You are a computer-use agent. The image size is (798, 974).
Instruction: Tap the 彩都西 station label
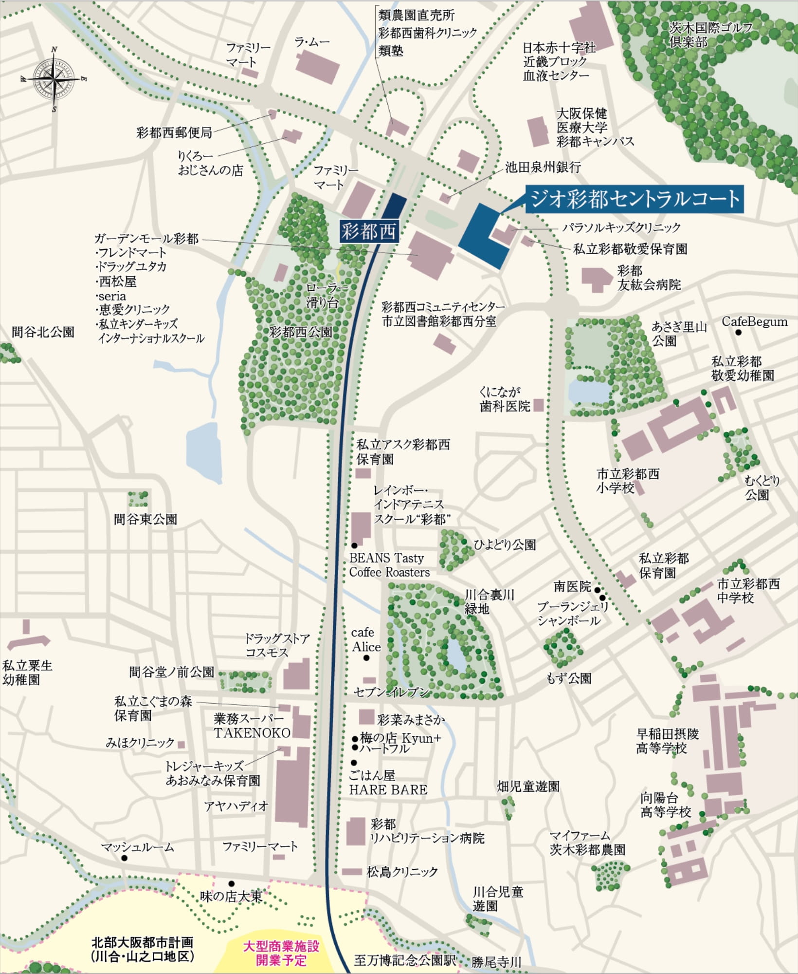tap(369, 231)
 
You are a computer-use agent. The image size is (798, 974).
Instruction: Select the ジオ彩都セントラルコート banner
tap(635, 199)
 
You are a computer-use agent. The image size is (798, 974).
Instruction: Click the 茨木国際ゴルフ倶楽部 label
tap(710, 34)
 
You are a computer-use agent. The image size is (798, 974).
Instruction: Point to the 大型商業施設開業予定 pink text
tap(281, 953)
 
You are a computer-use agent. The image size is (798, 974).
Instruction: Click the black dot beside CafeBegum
tap(738, 333)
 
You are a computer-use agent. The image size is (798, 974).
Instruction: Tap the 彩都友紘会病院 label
tap(649, 278)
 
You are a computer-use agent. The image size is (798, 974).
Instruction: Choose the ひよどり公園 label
tap(505, 544)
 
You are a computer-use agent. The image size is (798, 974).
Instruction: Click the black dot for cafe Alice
tap(366, 658)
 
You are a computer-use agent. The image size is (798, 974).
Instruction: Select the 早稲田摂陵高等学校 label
tap(667, 741)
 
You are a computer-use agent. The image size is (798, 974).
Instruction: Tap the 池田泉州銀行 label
tap(543, 168)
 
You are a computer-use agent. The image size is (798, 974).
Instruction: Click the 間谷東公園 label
tap(145, 519)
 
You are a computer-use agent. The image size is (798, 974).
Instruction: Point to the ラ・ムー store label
tap(312, 42)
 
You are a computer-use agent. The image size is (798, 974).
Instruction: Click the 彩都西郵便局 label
tap(174, 132)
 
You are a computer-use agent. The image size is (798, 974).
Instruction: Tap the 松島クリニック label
tap(402, 872)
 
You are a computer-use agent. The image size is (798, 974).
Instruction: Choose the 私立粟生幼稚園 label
tap(27, 672)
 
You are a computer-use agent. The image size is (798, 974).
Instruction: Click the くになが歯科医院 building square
tap(538, 405)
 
